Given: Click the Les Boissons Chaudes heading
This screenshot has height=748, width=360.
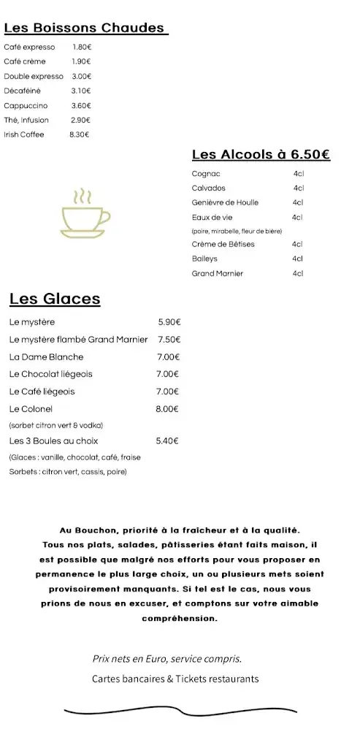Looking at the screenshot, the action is (x=85, y=28).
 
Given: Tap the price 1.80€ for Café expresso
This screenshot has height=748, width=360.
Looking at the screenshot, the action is (x=82, y=47).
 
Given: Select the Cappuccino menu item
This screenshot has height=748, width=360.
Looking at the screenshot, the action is (x=26, y=105).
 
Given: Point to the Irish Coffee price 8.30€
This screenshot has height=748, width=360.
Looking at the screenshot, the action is (x=79, y=134).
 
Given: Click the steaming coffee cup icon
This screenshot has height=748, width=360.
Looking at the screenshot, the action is (x=85, y=215).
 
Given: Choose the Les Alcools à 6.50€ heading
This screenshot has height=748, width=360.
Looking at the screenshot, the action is (x=261, y=154).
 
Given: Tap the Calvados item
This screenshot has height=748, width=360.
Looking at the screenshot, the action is (x=208, y=188).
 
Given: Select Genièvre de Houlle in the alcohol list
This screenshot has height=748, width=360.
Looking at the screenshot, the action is (x=225, y=202).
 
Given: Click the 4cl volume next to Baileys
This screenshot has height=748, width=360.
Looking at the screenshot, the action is (x=297, y=259).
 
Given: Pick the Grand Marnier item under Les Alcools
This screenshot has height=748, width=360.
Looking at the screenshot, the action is (x=217, y=273).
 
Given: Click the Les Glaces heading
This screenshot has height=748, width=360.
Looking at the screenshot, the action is (x=55, y=299).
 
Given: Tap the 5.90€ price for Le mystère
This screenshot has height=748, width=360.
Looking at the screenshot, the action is (x=169, y=322).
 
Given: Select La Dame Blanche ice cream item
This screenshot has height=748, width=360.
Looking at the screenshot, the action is (x=47, y=357).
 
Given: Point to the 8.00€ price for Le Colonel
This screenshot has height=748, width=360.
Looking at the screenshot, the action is (x=167, y=409).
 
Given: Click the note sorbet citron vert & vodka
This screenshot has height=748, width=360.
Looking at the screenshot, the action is (x=56, y=425).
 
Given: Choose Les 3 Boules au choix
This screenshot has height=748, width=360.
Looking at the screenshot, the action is (x=54, y=441).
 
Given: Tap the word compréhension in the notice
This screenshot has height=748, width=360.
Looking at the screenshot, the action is (x=180, y=618).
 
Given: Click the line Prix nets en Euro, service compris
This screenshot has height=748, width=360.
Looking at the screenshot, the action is (x=167, y=659).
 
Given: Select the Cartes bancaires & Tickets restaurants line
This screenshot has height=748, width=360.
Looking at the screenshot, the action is (x=175, y=679).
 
